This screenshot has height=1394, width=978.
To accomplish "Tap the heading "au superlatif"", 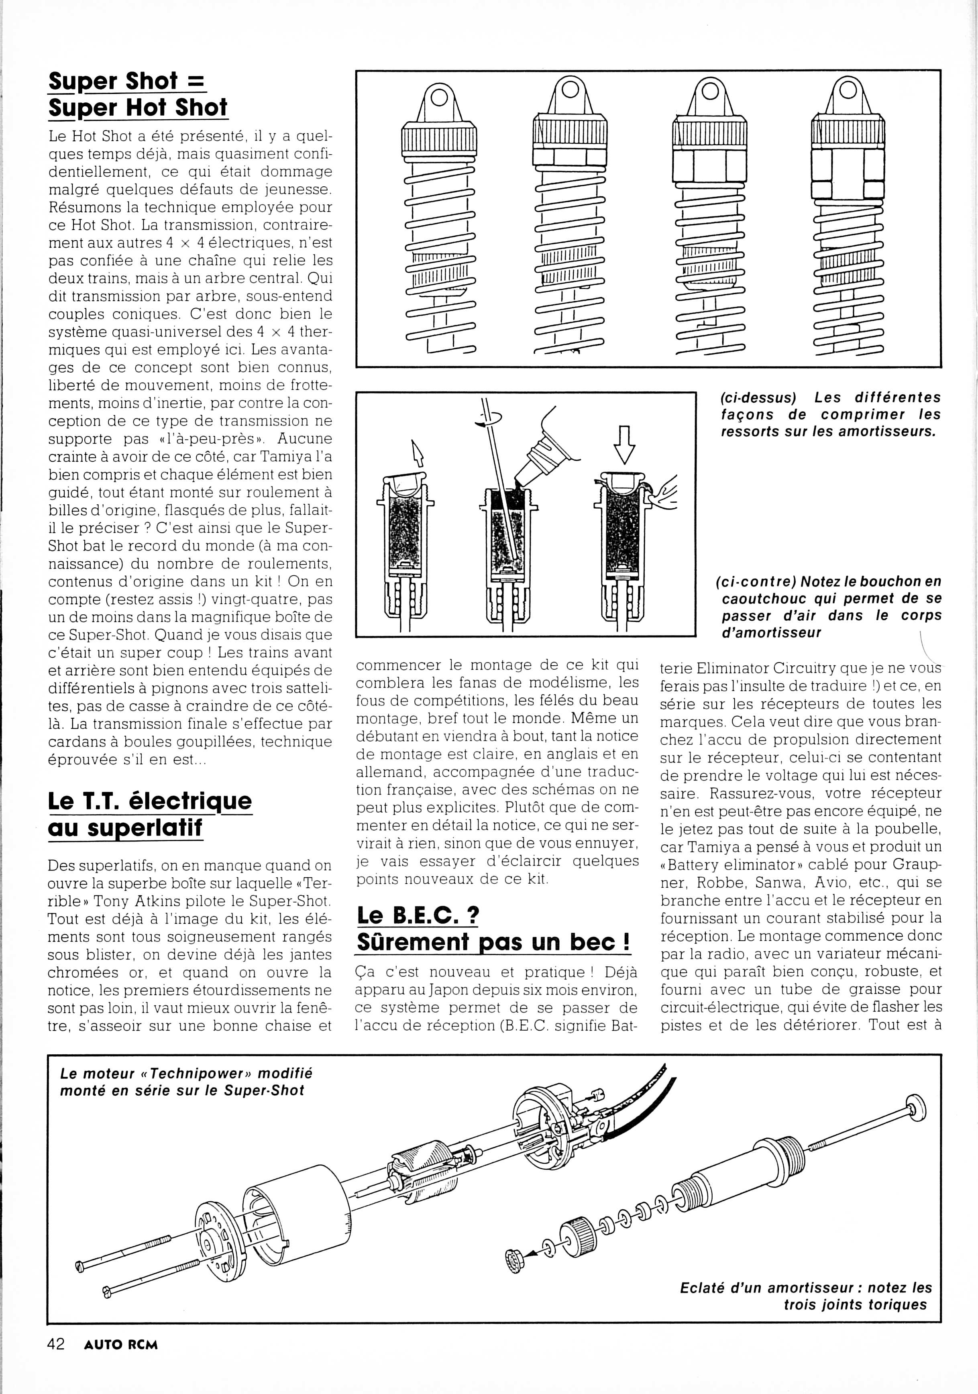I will [x=125, y=827].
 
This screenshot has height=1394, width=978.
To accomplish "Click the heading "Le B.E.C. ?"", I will [x=418, y=915].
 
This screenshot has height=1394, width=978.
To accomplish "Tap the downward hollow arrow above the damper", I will [x=624, y=445].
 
